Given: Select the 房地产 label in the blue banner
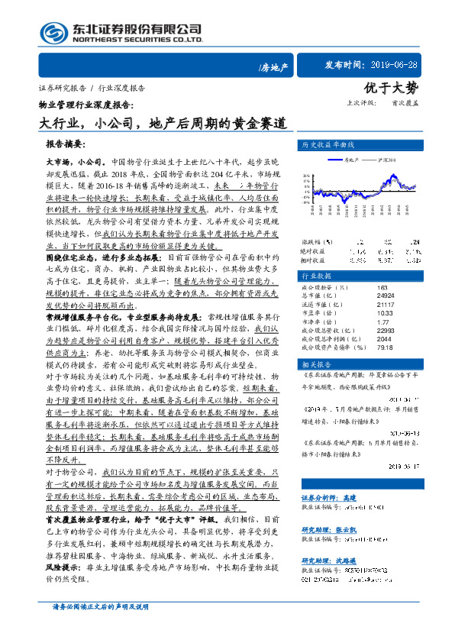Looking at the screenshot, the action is tap(273, 68).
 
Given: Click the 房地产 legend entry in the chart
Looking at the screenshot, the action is tap(350, 160).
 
